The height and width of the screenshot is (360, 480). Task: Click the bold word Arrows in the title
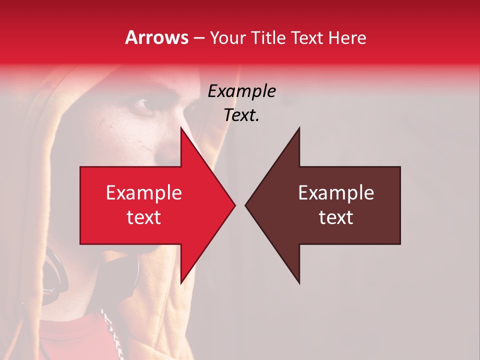[157, 37]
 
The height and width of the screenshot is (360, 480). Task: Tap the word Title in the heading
[268, 37]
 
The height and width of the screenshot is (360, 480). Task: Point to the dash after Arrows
[199, 38]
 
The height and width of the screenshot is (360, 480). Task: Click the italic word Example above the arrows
[241, 91]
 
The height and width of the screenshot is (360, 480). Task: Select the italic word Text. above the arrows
[241, 115]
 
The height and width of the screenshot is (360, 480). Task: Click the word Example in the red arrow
[144, 193]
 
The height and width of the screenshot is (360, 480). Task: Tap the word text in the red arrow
[144, 217]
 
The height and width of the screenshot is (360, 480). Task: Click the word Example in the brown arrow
[336, 193]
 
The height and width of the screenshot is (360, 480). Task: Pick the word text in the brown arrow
[336, 217]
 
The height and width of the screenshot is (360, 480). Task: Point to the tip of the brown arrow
[246, 205]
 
